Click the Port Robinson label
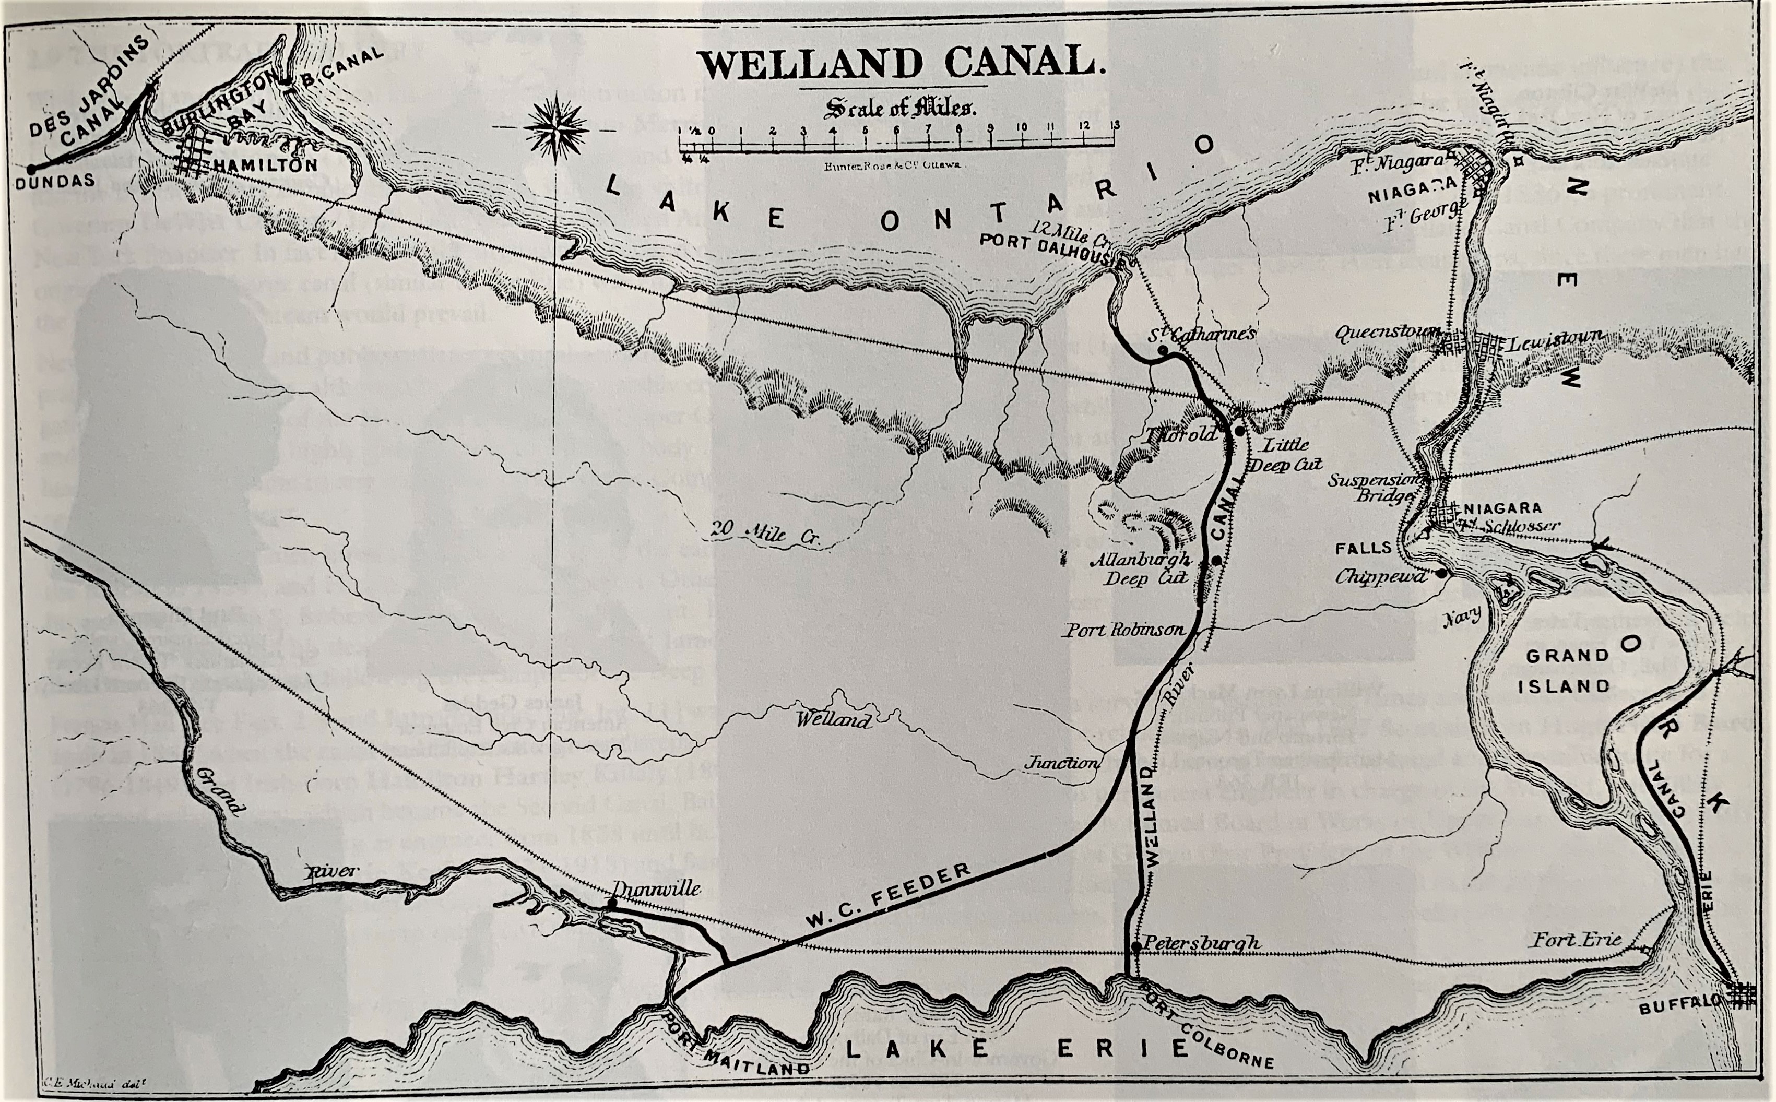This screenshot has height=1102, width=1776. pyautogui.click(x=1125, y=630)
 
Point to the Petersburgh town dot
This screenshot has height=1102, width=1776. pyautogui.click(x=1136, y=947)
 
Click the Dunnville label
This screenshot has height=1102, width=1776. pyautogui.click(x=657, y=889)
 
